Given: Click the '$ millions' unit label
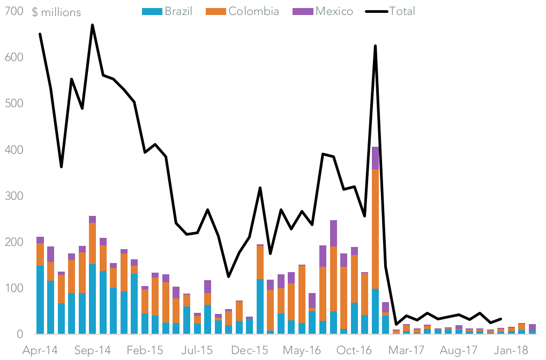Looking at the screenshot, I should (56, 12).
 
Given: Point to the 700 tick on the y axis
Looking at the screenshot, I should (13, 11).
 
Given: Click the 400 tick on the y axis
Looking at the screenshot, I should (13, 149).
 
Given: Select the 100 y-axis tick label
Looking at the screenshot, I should (13, 288).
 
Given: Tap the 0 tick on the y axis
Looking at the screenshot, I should (19, 334).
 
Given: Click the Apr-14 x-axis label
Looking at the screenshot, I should (40, 350).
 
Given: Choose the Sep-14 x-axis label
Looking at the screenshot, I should (93, 350).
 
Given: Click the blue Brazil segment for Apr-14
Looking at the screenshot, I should (40, 300).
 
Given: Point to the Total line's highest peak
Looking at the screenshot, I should (93, 25).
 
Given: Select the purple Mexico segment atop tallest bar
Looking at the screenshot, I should (375, 158).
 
